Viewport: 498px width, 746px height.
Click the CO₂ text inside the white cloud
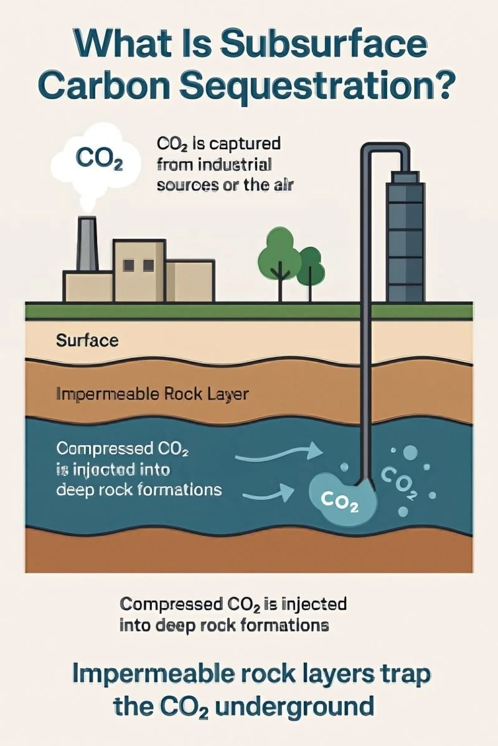pos(98,157)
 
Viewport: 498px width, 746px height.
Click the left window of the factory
pos(129,265)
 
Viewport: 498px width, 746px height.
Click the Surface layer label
pos(87,340)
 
